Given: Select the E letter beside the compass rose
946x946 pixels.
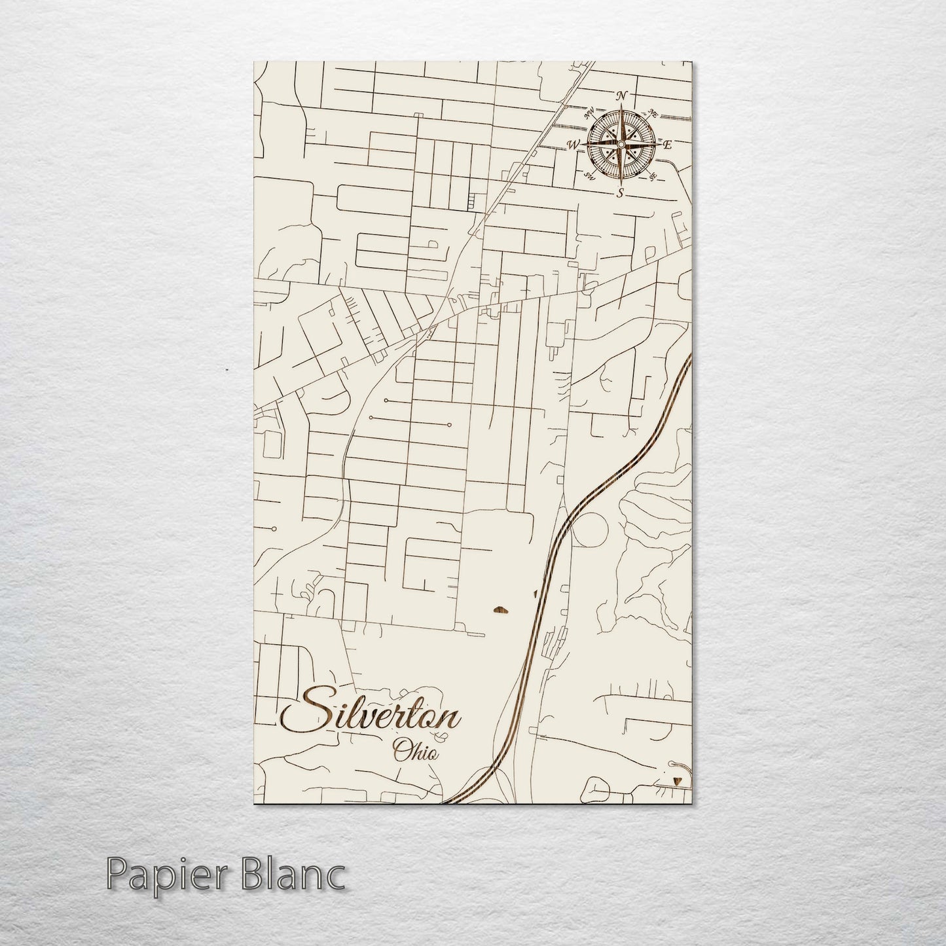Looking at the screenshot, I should pos(667,145).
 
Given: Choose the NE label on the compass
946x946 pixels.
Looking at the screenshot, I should pos(652,112).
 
